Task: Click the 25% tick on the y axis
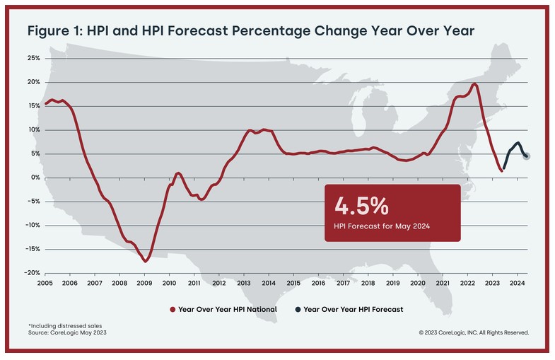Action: tap(33, 58)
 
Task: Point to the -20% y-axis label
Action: tap(31, 273)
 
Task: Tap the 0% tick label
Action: tap(35, 178)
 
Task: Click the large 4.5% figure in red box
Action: tap(361, 206)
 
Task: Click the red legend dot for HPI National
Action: tap(173, 309)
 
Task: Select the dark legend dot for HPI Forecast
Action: tap(298, 309)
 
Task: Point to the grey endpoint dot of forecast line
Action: tap(527, 156)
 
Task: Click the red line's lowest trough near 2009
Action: tap(145, 261)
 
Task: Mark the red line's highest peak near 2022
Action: tap(474, 84)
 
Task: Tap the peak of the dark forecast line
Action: tap(518, 143)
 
